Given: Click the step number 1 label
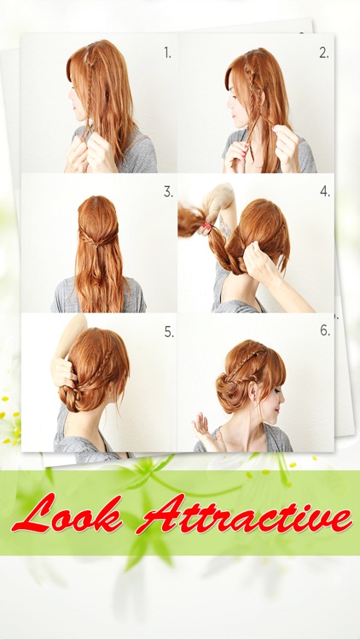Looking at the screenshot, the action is [168, 53].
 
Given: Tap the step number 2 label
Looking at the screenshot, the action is [324, 53].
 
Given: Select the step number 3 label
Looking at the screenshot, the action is [168, 192].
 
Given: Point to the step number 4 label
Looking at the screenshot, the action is [325, 191].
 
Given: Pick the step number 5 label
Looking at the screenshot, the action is [169, 332].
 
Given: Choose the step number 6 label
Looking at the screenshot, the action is [325, 330].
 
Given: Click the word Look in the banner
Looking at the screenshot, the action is [67, 515].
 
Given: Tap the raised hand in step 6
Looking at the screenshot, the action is [206, 431].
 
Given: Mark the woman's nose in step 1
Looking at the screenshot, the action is [71, 95].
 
